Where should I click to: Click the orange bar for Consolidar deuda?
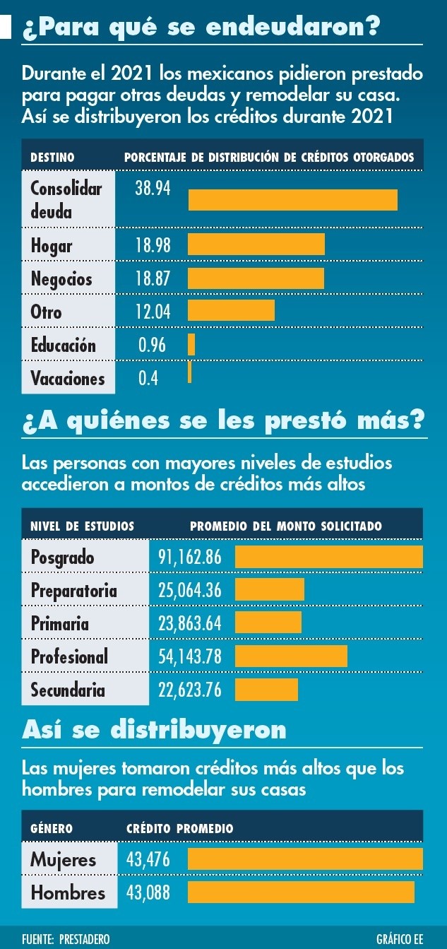pyautogui.click(x=292, y=200)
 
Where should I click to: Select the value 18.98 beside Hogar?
pyautogui.click(x=153, y=245)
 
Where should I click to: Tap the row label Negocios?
pyautogui.click(x=61, y=278)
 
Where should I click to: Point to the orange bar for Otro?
pyautogui.click(x=231, y=310)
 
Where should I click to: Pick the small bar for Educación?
pyautogui.click(x=191, y=344)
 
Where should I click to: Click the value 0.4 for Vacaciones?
pyautogui.click(x=148, y=378)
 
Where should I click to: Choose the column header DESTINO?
pyautogui.click(x=52, y=158)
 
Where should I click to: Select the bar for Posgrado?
pyautogui.click(x=328, y=557)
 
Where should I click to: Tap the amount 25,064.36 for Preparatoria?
pyautogui.click(x=190, y=590)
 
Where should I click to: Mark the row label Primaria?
pyautogui.click(x=60, y=623)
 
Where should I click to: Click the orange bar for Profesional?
pyautogui.click(x=291, y=656)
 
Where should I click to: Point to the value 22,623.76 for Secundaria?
pyautogui.click(x=190, y=690)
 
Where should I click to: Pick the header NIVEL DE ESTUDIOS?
pyautogui.click(x=82, y=526)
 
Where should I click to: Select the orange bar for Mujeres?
pyautogui.click(x=305, y=859)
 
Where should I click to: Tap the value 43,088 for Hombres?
pyautogui.click(x=148, y=892)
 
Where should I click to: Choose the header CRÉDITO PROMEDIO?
pyautogui.click(x=179, y=828)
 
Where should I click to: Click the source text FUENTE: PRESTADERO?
pyautogui.click(x=66, y=939)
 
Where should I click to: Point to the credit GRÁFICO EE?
pyautogui.click(x=400, y=939)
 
